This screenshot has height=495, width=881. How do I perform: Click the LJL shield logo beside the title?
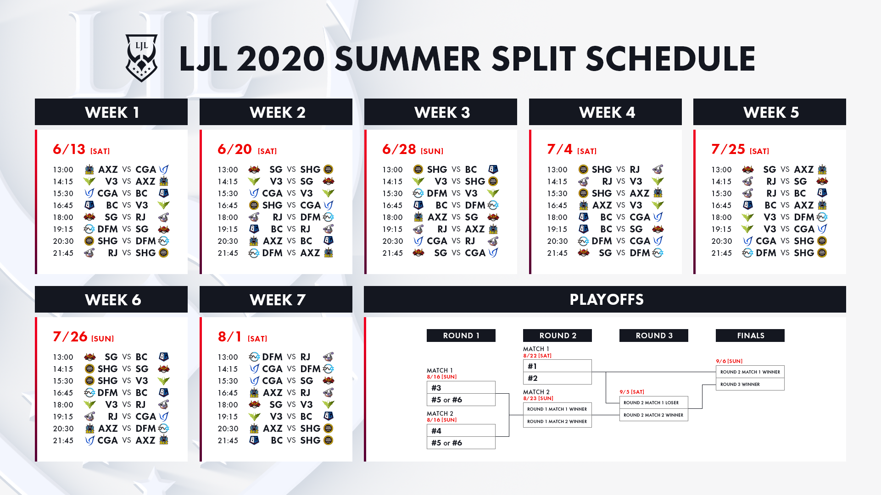(x=141, y=58)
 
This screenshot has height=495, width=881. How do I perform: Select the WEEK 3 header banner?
(x=440, y=112)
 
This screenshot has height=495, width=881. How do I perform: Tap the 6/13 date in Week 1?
(x=69, y=149)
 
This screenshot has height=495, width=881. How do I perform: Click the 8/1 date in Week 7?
(x=229, y=336)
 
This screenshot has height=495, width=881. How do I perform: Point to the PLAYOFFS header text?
(x=607, y=299)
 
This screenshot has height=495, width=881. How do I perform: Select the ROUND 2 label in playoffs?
(x=558, y=335)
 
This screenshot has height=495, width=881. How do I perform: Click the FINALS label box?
(x=750, y=335)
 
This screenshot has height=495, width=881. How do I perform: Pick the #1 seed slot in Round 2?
(x=558, y=366)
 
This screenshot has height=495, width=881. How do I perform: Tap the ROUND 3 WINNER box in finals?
(x=750, y=384)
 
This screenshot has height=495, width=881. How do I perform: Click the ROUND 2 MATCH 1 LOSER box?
(x=654, y=402)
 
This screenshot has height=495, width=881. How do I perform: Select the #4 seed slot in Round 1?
(x=461, y=430)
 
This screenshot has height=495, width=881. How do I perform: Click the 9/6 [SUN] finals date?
(x=729, y=361)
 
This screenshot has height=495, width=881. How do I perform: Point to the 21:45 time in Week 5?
(x=721, y=253)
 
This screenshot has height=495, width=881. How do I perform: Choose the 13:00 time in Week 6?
(x=63, y=357)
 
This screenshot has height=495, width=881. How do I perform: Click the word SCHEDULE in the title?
(x=670, y=59)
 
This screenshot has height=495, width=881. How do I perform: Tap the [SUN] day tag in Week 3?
(x=432, y=151)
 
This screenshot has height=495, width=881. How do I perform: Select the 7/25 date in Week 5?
(x=728, y=149)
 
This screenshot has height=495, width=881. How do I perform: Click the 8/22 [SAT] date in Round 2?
(x=537, y=356)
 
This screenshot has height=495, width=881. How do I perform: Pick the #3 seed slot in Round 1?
(x=461, y=387)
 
